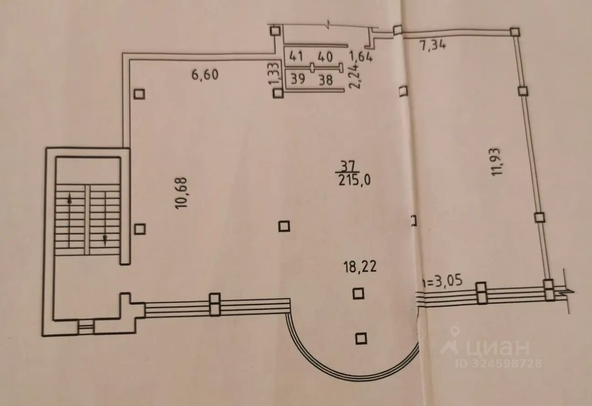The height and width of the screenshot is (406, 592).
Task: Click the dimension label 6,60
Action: tap(205, 74)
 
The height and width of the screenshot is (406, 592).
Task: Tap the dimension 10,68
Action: tap(181, 193)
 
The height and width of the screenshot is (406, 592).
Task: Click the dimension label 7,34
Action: tap(433, 46)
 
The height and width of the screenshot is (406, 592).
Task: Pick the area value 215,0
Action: tap(355, 181)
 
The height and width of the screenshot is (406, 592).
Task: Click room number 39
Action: tap(298, 79)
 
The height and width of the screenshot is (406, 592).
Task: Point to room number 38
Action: tap(326, 80)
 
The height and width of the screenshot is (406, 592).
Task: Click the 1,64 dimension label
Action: tap(361, 57)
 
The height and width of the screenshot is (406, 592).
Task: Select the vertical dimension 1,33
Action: tap(273, 74)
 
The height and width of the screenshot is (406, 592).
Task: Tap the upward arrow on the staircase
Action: tap(70, 200)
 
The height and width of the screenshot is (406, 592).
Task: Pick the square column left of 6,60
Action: tap(139, 94)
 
